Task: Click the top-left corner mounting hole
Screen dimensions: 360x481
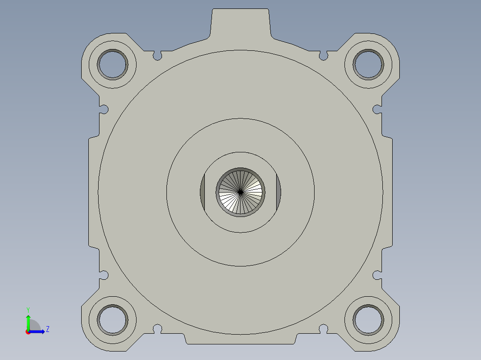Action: point(113,64)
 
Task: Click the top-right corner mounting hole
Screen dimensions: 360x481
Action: point(368,64)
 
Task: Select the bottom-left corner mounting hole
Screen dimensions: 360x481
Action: point(113,320)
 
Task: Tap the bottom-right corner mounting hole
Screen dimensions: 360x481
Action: point(368,320)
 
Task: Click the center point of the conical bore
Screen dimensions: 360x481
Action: point(240,192)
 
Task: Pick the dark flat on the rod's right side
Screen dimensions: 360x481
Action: point(278,192)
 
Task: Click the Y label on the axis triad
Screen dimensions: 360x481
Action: point(28,309)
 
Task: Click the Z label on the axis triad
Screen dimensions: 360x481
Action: point(47,329)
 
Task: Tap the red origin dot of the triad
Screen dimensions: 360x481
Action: point(28,332)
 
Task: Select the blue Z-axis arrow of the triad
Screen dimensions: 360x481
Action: point(38,331)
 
